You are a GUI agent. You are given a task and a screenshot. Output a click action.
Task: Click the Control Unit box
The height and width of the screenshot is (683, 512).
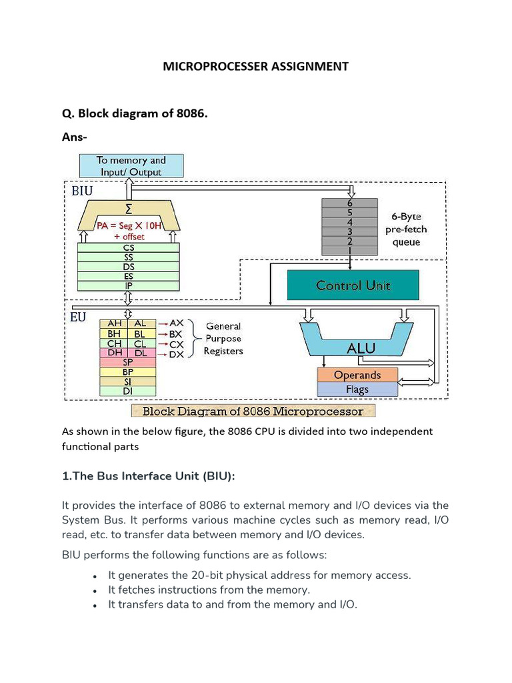pos(353,285)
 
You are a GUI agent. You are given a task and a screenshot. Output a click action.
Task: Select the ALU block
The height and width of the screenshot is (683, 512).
pos(361,348)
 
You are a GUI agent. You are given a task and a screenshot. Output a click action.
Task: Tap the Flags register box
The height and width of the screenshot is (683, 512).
pos(357,388)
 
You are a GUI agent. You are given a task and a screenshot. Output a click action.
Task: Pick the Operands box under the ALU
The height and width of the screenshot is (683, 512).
pos(357,375)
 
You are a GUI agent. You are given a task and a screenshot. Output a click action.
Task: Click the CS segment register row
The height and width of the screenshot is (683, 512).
pos(129,247)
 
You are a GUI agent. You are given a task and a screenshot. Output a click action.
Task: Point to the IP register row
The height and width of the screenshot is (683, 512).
pos(129,285)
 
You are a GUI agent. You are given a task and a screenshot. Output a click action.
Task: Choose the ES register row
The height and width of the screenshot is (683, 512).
pos(129,275)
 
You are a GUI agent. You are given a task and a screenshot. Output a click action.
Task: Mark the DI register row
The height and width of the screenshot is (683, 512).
pos(127,391)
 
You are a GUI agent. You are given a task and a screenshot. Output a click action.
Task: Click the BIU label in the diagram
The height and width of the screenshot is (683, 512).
pos(83,190)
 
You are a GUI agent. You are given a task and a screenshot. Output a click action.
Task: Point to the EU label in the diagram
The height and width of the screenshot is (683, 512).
pos(78,317)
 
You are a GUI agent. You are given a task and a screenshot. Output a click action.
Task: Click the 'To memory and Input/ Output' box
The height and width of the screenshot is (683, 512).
pos(131,166)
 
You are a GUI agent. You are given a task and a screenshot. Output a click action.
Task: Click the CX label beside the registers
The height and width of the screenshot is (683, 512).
pos(176,344)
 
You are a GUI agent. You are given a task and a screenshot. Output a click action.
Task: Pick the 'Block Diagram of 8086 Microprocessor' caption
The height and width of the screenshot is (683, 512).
pos(253,411)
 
